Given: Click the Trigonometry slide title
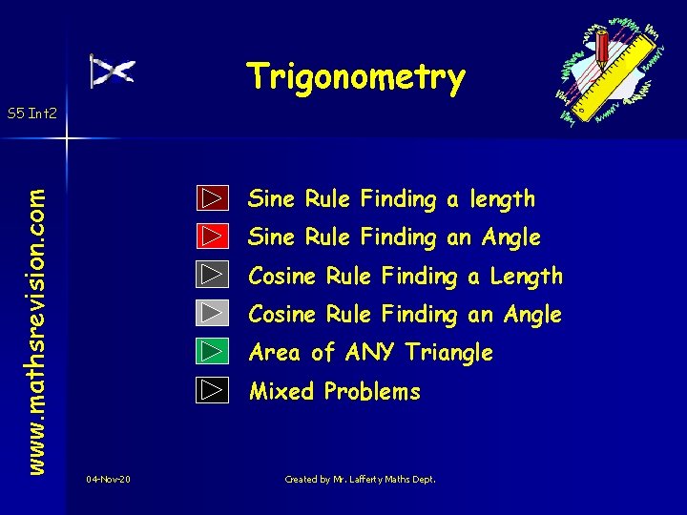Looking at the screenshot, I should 356,78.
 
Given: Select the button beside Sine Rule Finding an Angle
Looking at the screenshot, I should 214,236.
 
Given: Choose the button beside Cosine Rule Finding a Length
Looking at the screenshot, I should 214,275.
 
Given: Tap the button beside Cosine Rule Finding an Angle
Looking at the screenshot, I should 214,313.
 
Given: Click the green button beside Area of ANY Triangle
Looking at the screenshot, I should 214,351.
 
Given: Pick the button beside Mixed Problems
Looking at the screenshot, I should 214,390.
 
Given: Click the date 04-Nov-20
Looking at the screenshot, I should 108,479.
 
